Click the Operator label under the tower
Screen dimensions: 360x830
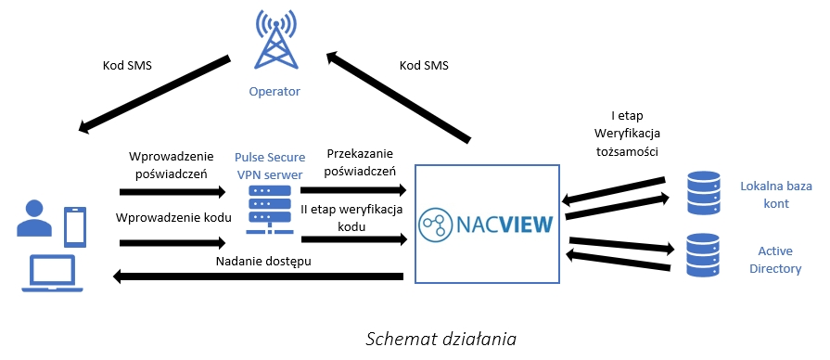coord(275,92)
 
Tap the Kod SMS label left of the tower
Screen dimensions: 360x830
coord(126,66)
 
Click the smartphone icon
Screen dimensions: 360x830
coord(75,225)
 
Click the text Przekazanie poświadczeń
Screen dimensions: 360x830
coord(353,161)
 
